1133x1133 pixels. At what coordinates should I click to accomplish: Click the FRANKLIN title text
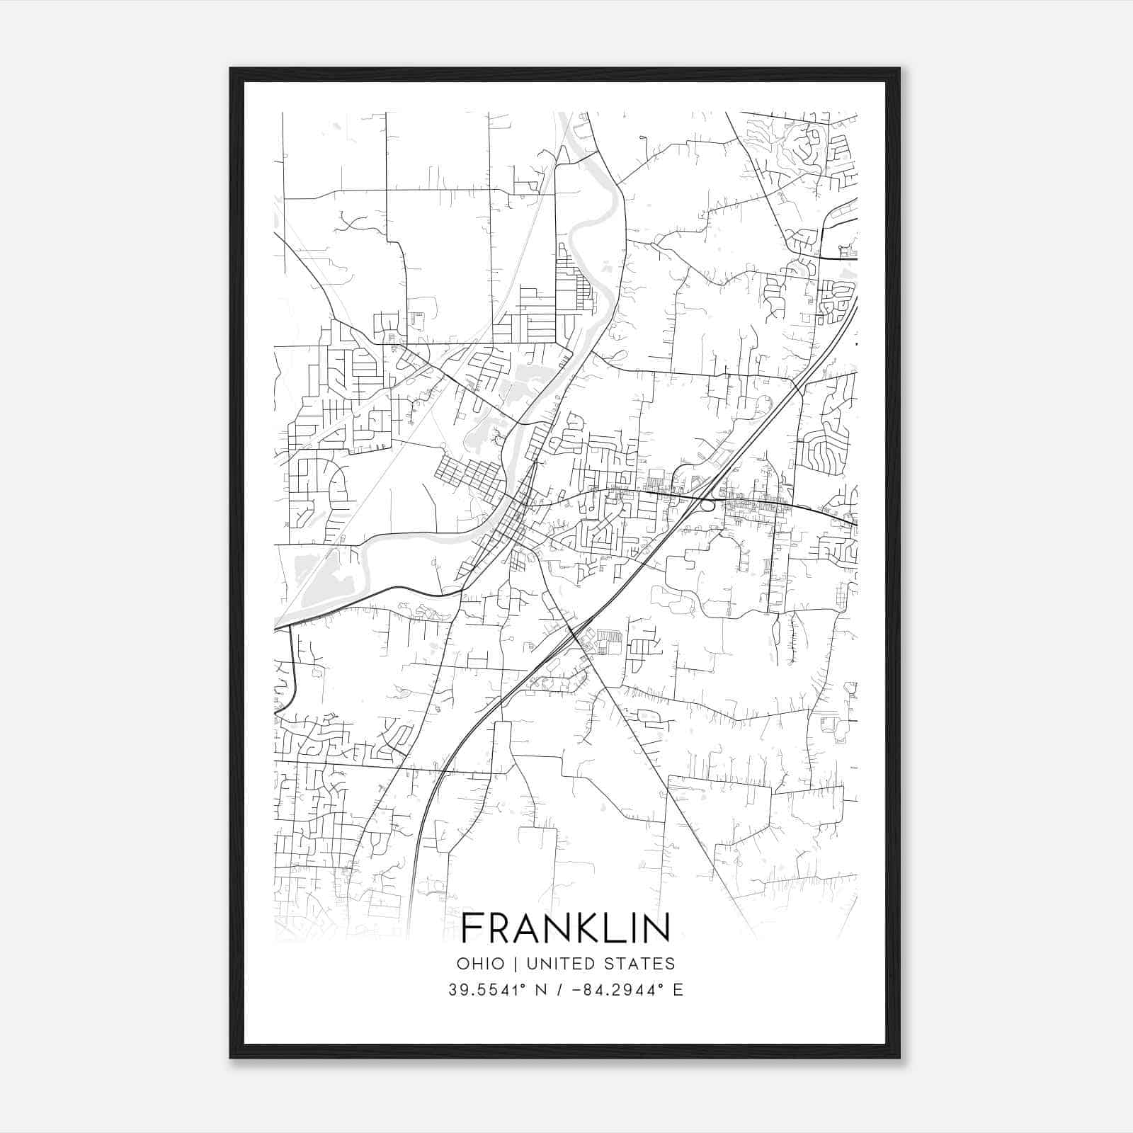[x=566, y=928]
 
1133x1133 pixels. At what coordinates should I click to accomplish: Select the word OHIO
[x=481, y=964]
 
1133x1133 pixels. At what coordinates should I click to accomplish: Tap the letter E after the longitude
[x=678, y=990]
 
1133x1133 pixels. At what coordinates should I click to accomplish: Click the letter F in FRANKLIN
[x=473, y=928]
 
